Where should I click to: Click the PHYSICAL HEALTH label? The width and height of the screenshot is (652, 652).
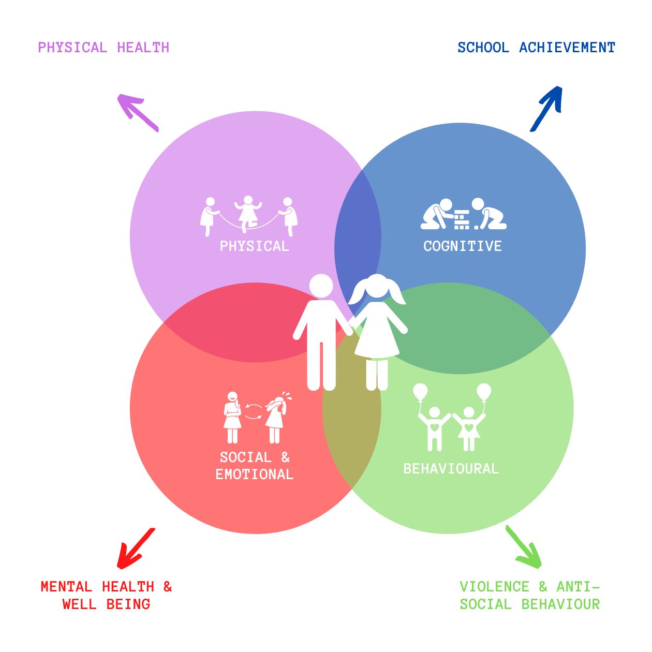103,48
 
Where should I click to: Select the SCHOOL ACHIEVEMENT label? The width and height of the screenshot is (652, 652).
536,48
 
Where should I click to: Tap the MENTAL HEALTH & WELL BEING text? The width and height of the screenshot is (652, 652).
106,595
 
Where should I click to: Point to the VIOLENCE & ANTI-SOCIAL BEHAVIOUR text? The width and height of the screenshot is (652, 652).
529,595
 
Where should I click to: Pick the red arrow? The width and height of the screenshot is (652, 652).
136,549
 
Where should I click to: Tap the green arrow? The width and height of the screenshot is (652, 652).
524,547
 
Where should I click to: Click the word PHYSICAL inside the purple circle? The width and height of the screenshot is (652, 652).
254,246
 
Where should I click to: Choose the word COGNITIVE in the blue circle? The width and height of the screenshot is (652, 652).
463,246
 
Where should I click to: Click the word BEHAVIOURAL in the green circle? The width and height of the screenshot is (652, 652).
451,469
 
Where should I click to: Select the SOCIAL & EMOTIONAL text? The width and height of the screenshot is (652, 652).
254,466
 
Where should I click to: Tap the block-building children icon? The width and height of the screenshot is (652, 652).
464,214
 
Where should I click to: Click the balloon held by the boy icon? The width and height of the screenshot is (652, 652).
420,392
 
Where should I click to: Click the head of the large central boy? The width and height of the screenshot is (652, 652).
321,286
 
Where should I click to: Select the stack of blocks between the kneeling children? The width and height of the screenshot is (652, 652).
461,219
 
